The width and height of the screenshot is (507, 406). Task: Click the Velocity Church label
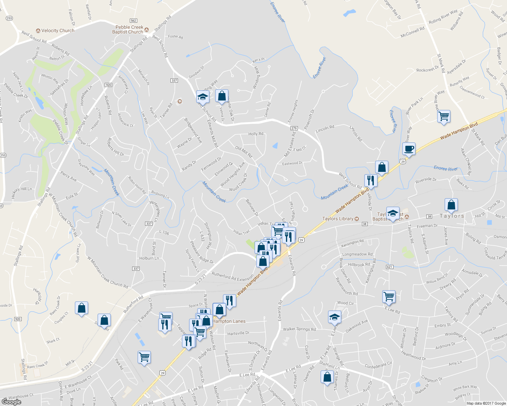[58, 30]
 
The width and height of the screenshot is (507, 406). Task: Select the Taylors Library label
[338, 219]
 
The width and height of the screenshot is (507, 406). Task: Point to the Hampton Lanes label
[229, 321]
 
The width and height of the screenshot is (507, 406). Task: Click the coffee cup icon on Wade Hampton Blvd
[409, 149]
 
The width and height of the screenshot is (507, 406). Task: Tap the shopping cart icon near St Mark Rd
[444, 116]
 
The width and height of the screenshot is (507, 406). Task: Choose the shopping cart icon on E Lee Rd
[389, 297]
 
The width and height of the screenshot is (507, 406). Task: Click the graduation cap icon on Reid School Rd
[203, 97]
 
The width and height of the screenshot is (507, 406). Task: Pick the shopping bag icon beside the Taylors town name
[451, 205]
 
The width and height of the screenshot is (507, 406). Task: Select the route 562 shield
[133, 21]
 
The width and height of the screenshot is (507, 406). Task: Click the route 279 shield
[294, 128]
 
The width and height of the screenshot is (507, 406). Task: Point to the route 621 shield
[389, 267]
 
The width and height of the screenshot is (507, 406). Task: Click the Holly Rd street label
[256, 134]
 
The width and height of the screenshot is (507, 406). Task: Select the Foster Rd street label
[175, 37]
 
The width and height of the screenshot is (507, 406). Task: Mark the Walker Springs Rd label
[299, 329]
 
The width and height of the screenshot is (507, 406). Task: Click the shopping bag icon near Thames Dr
[327, 377]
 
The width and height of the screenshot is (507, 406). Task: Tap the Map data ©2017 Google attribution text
[486, 403]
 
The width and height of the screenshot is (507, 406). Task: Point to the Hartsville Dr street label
[238, 333]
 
